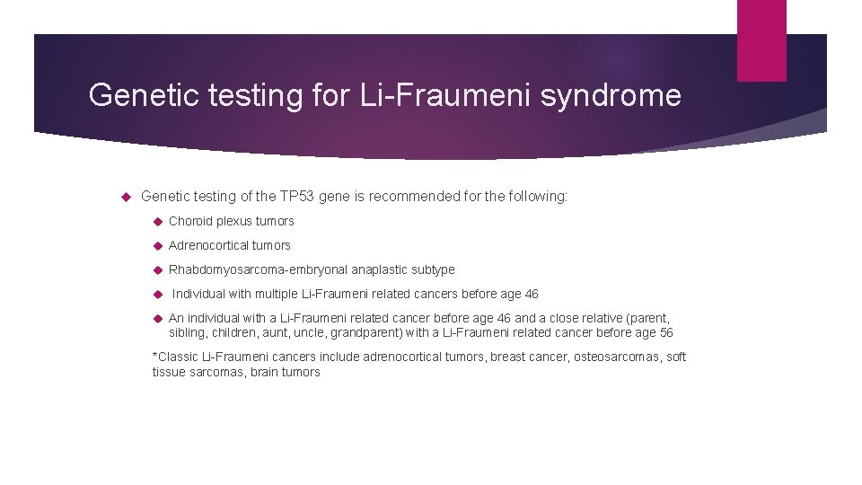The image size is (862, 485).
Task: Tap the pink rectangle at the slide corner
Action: [x=761, y=40]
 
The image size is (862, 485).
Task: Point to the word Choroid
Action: [x=190, y=221]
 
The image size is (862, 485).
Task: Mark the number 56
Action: [x=664, y=333]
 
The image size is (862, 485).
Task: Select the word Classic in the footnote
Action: [x=177, y=357]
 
